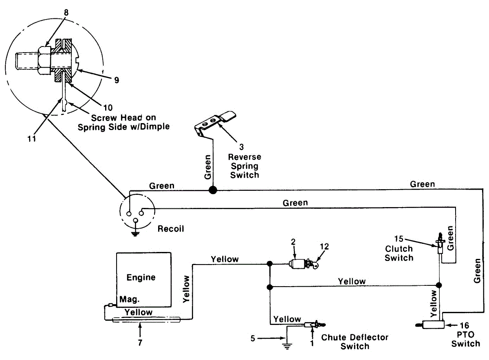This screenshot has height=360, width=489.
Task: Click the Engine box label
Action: click(141, 278)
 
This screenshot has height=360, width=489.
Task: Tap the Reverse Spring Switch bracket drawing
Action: click(215, 121)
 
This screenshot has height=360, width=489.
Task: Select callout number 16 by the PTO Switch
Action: click(463, 325)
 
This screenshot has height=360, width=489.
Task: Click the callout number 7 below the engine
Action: click(140, 342)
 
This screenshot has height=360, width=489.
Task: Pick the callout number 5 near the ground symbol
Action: click(253, 338)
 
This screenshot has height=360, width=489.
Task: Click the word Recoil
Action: click(171, 229)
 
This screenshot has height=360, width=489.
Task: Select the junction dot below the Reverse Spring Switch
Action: click(212, 190)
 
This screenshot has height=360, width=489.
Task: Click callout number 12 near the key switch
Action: click(324, 246)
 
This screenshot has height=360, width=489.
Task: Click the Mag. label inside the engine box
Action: click(130, 300)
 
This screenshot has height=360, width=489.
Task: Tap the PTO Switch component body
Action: click(433, 325)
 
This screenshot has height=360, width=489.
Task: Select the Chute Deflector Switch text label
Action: click(355, 342)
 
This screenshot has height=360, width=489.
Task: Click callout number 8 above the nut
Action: click(66, 12)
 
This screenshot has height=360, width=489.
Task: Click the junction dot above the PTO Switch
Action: click(439, 285)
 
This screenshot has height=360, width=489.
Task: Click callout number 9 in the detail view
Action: click(117, 80)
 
